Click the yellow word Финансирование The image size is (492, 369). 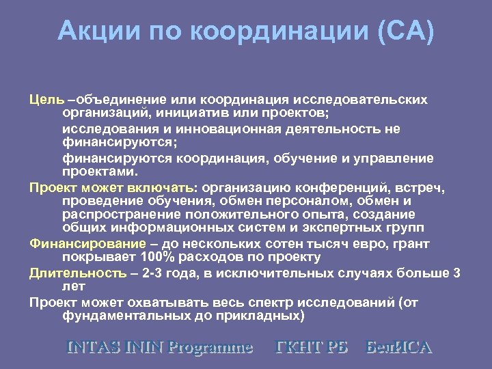87,244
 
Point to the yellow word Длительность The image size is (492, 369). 77,273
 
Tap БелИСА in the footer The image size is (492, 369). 399,347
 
